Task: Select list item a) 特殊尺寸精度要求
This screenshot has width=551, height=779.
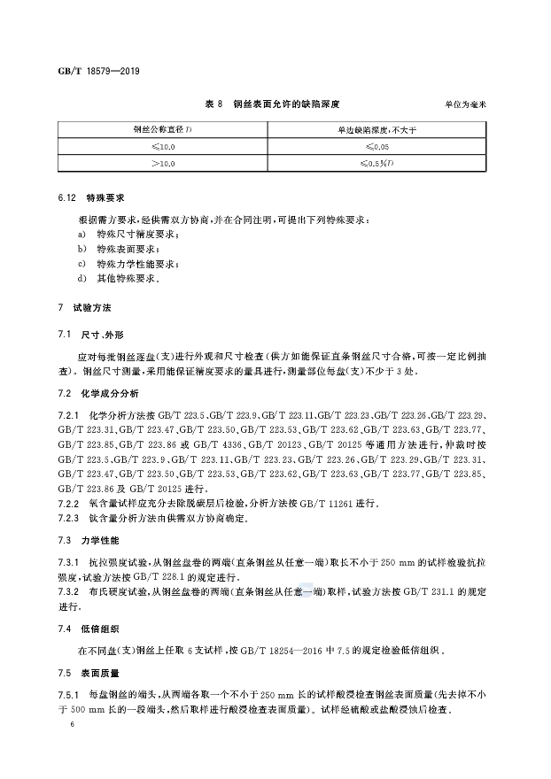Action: (129, 234)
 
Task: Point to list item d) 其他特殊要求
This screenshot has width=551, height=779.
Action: (119, 279)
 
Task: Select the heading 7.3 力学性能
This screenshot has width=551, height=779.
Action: (91, 539)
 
